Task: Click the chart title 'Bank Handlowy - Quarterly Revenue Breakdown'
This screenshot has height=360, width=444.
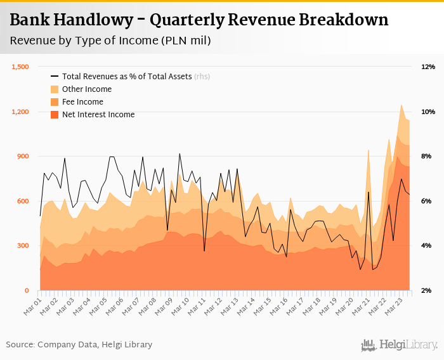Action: coord(199,20)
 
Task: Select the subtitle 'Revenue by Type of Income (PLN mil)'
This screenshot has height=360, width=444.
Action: coord(110,41)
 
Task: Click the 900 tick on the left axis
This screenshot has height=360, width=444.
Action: coord(23,157)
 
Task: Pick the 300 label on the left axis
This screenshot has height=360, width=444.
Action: coord(23,246)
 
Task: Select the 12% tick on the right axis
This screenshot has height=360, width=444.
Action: coord(428,67)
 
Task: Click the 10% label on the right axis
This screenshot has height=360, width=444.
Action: coord(428,112)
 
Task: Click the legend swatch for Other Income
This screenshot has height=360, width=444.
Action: coord(55,89)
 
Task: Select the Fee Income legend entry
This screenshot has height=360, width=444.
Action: coord(82,102)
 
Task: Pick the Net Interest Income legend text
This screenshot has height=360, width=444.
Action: coord(98,115)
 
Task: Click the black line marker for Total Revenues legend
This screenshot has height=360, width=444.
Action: coord(55,77)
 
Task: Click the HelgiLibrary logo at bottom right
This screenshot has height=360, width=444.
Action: coord(400,345)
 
